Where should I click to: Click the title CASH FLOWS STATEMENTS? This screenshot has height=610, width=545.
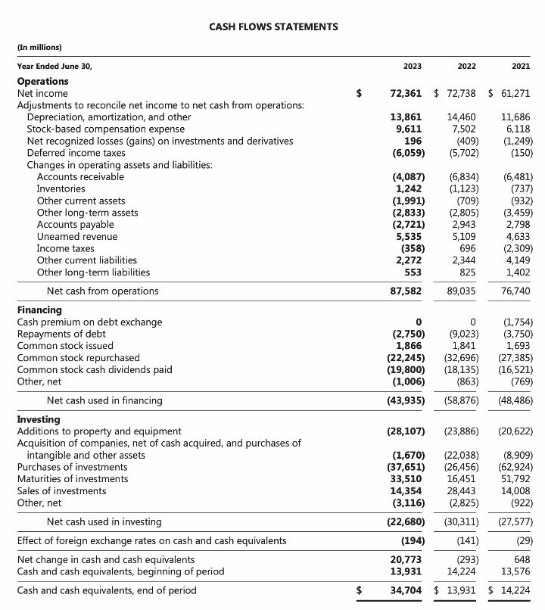273,27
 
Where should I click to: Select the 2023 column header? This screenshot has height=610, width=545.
413,67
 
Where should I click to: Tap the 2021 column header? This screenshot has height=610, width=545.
521,67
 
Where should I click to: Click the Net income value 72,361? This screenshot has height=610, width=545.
406,94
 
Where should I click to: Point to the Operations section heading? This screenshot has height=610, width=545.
42,82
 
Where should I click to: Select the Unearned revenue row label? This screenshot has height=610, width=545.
79,236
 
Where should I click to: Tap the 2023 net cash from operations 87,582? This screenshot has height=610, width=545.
406,291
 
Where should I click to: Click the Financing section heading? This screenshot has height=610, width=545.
39,310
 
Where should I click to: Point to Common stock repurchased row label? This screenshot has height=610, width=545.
79,358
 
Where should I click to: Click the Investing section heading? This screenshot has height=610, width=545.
39,419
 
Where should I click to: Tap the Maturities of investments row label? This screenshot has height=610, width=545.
73,479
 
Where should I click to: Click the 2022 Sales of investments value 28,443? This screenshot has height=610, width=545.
462,490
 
